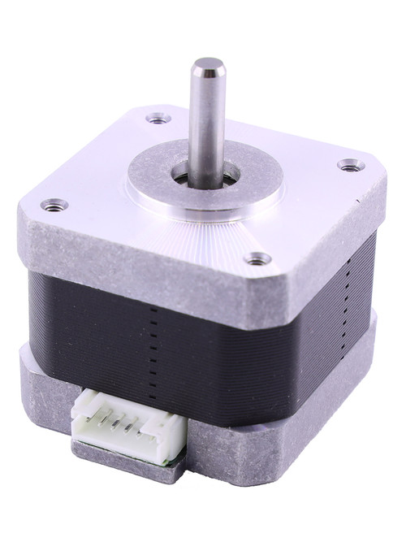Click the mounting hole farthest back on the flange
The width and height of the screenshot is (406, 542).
158,119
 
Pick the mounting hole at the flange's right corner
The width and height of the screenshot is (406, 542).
349,166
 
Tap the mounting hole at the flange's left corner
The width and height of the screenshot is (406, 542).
54,205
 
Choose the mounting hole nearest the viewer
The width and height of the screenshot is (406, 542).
258,259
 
